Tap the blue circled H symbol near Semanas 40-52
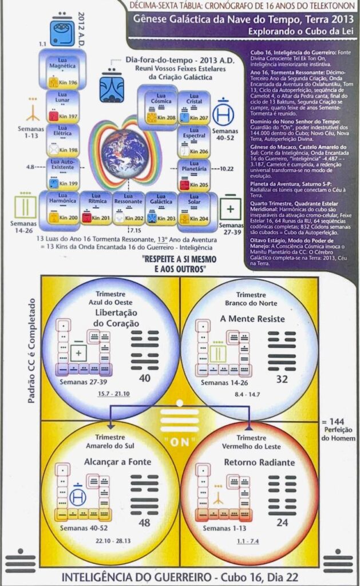[x=223, y=115]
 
